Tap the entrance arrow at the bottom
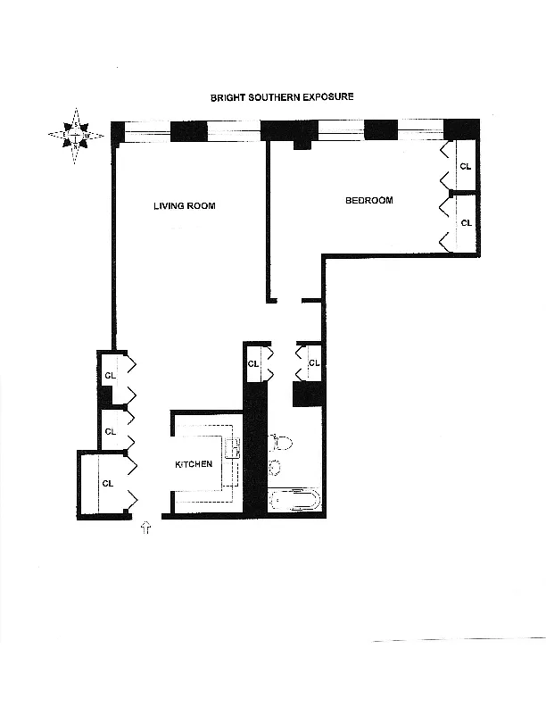point(146,529)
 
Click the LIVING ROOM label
point(184,206)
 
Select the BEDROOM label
point(368,201)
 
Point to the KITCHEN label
point(193,464)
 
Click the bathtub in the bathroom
point(294,500)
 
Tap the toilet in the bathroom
point(281,442)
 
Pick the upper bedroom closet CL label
point(465,166)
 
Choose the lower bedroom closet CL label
point(465,222)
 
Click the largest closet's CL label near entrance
point(108,483)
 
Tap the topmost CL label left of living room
point(110,375)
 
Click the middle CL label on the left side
point(110,431)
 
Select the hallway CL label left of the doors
point(252,363)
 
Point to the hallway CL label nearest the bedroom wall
point(313,363)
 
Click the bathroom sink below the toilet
point(276,466)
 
